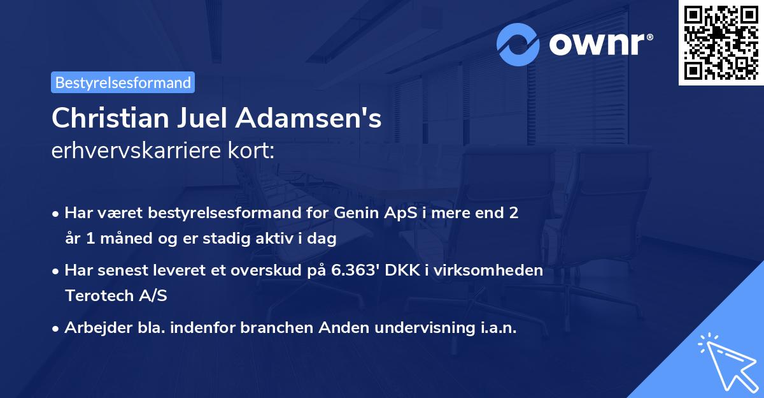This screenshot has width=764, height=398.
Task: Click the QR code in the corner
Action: pyautogui.click(x=721, y=42)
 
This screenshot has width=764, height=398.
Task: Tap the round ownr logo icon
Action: pyautogui.click(x=519, y=44)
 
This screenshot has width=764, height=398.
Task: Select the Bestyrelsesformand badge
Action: pyautogui.click(x=123, y=82)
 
